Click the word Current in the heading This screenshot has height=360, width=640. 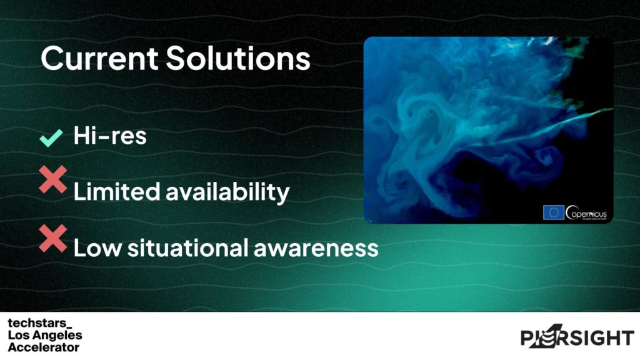[99, 58]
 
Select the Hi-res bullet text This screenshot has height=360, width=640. [110, 136]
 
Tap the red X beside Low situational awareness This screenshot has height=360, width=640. [53, 238]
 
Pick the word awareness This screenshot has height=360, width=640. [317, 247]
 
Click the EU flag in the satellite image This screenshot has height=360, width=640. [553, 212]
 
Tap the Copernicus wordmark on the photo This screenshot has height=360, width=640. [586, 212]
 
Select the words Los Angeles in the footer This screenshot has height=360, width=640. [44, 336]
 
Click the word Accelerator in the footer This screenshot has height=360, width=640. [44, 347]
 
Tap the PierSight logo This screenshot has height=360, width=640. [577, 338]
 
